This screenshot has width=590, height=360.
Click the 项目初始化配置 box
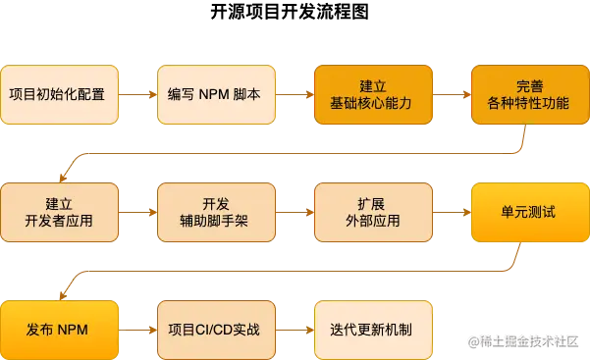tap(59, 95)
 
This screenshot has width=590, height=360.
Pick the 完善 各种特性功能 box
tap(529, 95)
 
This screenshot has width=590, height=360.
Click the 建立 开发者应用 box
tap(59, 212)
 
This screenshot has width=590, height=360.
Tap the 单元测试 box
tap(529, 212)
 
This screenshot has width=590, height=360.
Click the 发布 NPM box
tap(59, 330)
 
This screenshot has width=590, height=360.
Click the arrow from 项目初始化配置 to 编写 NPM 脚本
tap(137, 95)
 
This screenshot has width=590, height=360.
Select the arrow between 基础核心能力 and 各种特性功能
tap(451, 95)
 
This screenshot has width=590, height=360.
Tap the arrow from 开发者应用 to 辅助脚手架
tap(137, 212)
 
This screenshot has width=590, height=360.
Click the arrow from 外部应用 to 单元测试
tap(451, 212)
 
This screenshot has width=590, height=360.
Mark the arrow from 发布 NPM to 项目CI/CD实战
tap(137, 330)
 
